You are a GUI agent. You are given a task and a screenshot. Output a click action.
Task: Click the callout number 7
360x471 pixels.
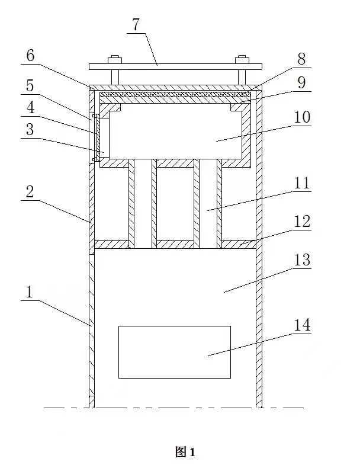point(136,25)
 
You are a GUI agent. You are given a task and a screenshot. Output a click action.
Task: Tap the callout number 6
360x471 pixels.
point(30,56)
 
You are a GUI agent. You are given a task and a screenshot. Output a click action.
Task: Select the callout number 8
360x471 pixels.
point(301,59)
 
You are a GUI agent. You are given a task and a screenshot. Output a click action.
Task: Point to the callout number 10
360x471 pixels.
point(302,117)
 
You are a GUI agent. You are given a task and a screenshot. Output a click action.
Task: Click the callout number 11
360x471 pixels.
point(302,182)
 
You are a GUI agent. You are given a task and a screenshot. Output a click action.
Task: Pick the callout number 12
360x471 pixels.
point(302,222)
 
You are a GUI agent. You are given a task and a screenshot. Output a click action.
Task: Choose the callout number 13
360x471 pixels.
point(302,260)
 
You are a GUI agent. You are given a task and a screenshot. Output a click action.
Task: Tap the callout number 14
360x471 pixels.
point(302,325)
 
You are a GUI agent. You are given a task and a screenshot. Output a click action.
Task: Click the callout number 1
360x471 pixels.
point(30,292)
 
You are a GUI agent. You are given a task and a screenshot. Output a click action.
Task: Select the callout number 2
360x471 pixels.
point(30,191)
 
